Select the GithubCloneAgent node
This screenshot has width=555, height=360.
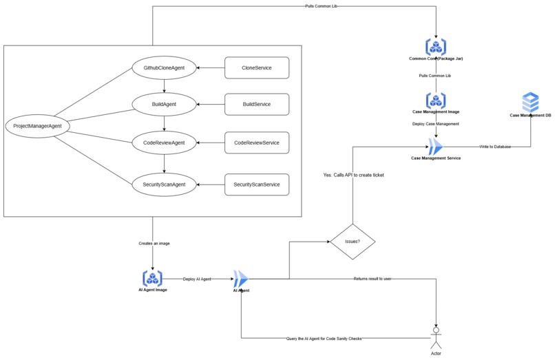pyautogui.click(x=164, y=68)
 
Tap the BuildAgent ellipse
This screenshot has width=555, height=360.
pyautogui.click(x=164, y=105)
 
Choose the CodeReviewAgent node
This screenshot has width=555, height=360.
pyautogui.click(x=164, y=143)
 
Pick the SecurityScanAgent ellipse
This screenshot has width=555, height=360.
pyautogui.click(x=164, y=184)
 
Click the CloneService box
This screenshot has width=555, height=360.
pyautogui.click(x=257, y=68)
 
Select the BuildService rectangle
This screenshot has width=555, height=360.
pyautogui.click(x=257, y=105)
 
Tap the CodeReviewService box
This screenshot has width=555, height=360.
pyautogui.click(x=257, y=143)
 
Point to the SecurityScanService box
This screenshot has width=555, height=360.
pyautogui.click(x=257, y=184)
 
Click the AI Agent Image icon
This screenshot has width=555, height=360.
pyautogui.click(x=152, y=278)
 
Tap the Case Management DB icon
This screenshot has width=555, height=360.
pyautogui.click(x=530, y=103)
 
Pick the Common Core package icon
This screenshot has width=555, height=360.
pyautogui.click(x=436, y=47)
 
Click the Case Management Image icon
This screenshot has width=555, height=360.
pyautogui.click(x=436, y=99)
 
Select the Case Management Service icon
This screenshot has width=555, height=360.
pyautogui.click(x=436, y=146)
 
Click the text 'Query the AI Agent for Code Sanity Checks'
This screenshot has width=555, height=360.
pyautogui.click(x=324, y=339)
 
